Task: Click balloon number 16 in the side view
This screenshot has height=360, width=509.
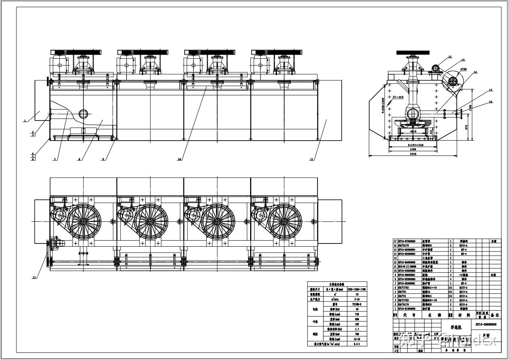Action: click(x=491, y=102)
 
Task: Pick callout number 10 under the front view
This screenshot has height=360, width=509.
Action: click(x=179, y=160)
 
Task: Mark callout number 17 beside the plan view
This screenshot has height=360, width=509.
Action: click(x=34, y=277)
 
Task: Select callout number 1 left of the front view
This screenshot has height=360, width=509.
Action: click(x=25, y=121)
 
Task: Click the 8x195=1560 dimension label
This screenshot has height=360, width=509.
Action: click(x=413, y=144)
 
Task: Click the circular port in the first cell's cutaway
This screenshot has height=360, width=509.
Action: click(x=83, y=113)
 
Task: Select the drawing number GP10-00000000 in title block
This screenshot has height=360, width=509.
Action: click(x=486, y=324)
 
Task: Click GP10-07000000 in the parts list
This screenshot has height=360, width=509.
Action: click(x=407, y=241)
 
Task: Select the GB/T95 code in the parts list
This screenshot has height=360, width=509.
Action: click(x=402, y=292)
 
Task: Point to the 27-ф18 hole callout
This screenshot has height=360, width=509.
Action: click(x=398, y=97)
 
